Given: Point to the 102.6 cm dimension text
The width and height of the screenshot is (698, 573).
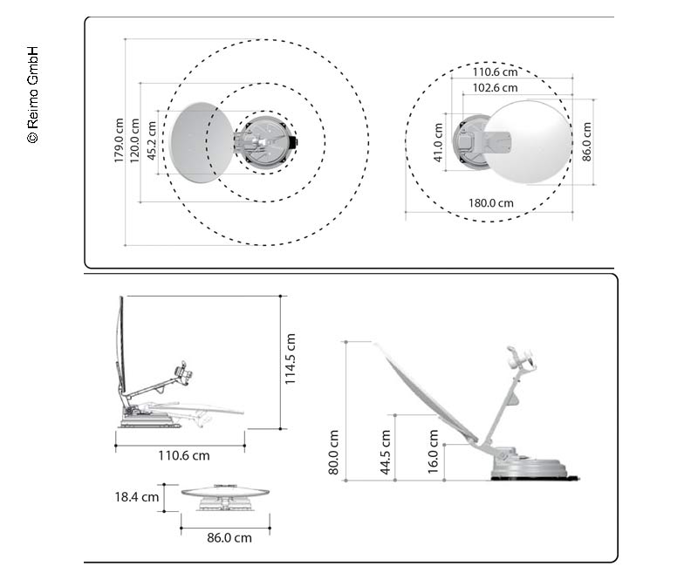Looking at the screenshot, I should pyautogui.click(x=495, y=88).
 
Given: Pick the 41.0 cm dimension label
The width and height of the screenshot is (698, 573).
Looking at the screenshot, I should pyautogui.click(x=438, y=141).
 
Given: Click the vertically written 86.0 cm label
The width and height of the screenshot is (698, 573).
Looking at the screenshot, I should pyautogui.click(x=587, y=141).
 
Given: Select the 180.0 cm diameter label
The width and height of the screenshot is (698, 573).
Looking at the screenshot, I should pyautogui.click(x=491, y=202).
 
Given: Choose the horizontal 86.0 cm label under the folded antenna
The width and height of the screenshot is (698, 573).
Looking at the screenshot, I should pyautogui.click(x=229, y=537).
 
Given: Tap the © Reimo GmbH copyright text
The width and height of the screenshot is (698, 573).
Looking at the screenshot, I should pyautogui.click(x=32, y=95).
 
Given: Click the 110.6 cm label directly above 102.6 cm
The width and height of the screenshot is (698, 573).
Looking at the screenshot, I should pyautogui.click(x=495, y=73).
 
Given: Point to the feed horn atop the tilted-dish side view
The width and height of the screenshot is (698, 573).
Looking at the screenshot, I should pyautogui.click(x=520, y=358).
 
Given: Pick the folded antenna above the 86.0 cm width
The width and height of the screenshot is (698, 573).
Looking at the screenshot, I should pyautogui.click(x=224, y=494).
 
